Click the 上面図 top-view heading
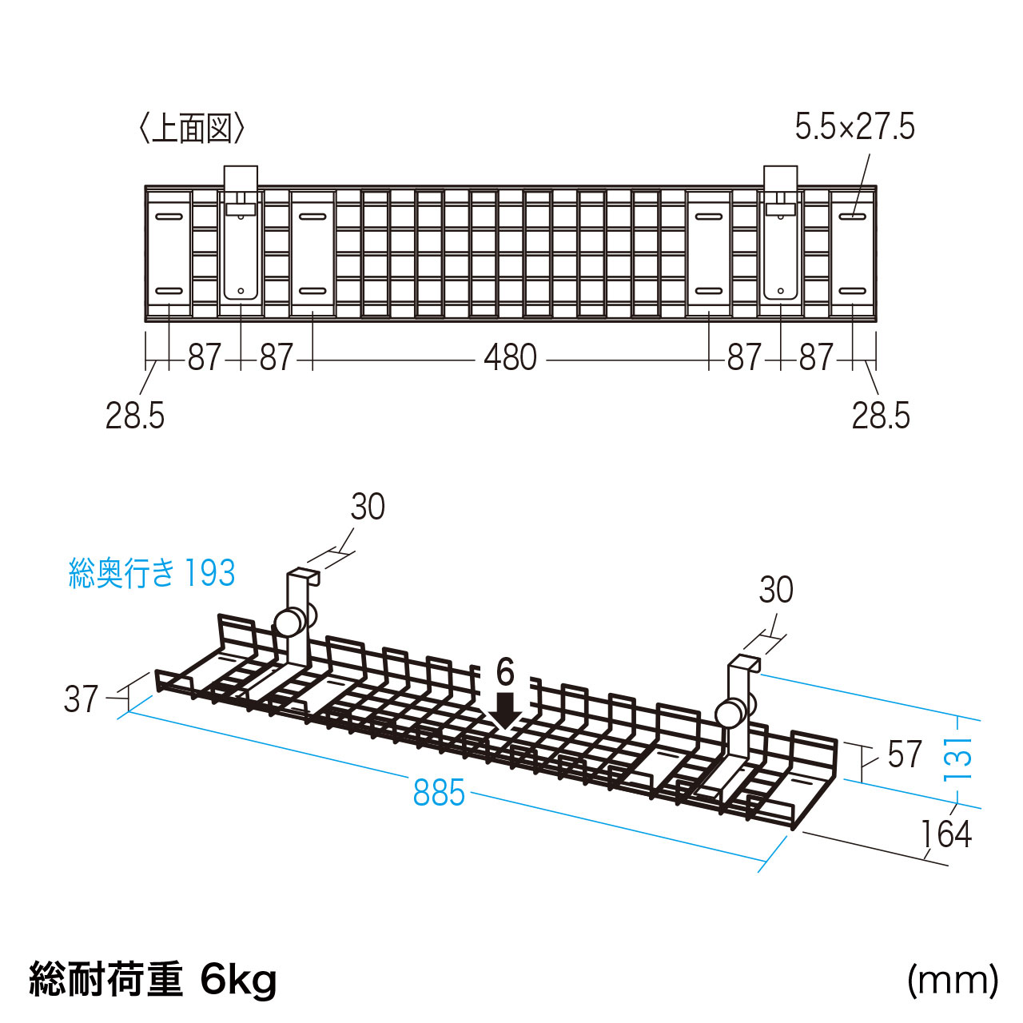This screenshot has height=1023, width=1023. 191,128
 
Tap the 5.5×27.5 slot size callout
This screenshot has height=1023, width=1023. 854,127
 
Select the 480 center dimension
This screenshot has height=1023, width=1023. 510,357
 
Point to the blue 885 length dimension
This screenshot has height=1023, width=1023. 439,793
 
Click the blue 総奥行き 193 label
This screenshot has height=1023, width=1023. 152,573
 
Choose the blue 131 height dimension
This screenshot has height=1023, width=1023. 958,758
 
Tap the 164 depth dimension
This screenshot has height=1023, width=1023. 945,834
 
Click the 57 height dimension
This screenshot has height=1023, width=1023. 905,754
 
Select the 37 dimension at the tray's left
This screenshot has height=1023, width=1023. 81,699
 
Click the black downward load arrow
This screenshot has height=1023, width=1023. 505,711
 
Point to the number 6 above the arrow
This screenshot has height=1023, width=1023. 505,673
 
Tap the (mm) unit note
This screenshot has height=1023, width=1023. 952,979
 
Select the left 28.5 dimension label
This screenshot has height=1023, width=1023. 135,416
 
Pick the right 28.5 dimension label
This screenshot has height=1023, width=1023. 881,416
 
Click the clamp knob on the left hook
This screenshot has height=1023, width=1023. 288,621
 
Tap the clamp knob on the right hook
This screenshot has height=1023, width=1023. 729,713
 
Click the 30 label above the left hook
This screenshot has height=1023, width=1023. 368,507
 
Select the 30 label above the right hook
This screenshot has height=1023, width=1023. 776,590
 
